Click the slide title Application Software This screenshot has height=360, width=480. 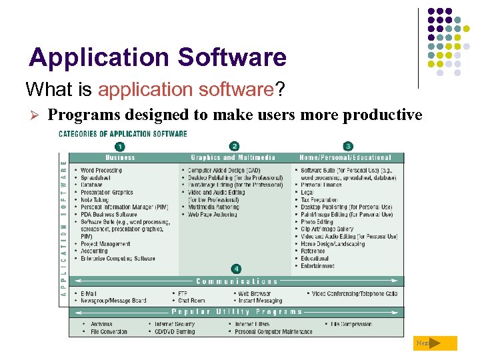pyautogui.click(x=157, y=58)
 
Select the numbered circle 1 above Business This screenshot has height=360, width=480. pyautogui.click(x=119, y=147)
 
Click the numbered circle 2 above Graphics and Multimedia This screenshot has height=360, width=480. pyautogui.click(x=234, y=147)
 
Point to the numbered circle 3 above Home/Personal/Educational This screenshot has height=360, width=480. pyautogui.click(x=348, y=147)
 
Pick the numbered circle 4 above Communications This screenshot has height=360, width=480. pyautogui.click(x=236, y=269)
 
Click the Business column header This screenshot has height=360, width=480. pyautogui.click(x=120, y=158)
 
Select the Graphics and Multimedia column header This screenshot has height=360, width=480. pyautogui.click(x=233, y=158)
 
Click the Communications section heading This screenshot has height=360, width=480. pyautogui.click(x=237, y=281)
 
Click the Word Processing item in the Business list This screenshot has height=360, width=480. pyautogui.click(x=101, y=171)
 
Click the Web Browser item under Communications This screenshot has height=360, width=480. pyautogui.click(x=254, y=293)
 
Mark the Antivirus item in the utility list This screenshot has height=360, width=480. pyautogui.click(x=101, y=324)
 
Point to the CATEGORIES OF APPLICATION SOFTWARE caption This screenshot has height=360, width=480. pyautogui.click(x=123, y=134)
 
